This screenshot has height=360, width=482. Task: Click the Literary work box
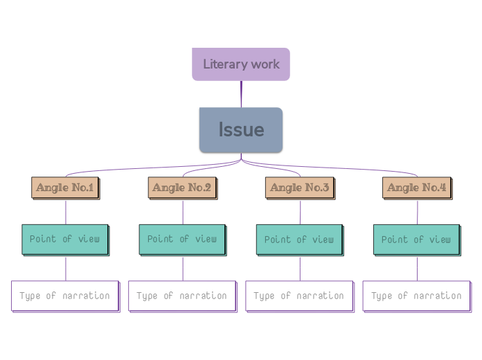click(x=240, y=64)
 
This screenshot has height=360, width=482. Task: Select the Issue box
click(x=240, y=129)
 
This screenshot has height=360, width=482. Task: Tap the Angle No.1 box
click(x=66, y=188)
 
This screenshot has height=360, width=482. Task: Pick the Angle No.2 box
click(x=183, y=188)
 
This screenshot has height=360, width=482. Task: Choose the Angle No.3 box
click(x=300, y=188)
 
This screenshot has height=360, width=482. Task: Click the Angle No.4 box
click(x=417, y=188)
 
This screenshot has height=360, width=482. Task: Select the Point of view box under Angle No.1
click(x=65, y=239)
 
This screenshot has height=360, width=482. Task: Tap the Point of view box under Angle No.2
click(x=182, y=239)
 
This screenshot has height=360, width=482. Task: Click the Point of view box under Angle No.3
click(x=299, y=239)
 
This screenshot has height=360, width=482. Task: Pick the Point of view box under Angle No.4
click(x=416, y=239)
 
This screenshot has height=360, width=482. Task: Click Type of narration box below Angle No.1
click(x=65, y=296)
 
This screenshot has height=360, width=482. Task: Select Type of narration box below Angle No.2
click(x=182, y=296)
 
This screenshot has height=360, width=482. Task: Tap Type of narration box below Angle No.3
click(x=299, y=296)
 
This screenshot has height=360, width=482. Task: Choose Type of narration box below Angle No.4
click(x=416, y=296)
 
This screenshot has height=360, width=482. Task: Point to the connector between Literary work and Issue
click(x=241, y=94)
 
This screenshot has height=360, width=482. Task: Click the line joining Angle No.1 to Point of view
click(x=66, y=212)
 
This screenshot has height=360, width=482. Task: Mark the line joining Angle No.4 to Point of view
click(x=417, y=212)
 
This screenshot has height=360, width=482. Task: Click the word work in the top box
click(x=266, y=64)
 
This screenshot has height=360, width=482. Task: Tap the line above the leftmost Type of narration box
click(x=66, y=268)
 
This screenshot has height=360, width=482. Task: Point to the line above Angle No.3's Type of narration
click(x=300, y=268)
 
